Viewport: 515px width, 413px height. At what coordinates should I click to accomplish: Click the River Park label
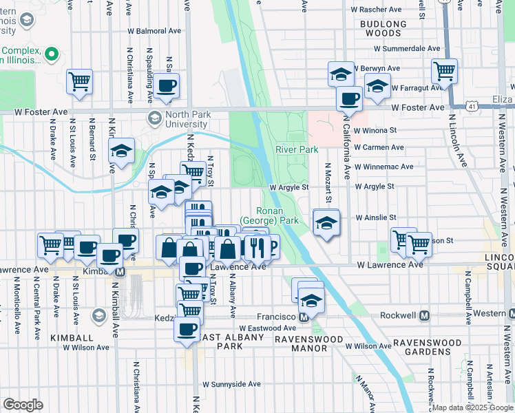297,149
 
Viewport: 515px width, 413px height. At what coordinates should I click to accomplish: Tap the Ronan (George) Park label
269,215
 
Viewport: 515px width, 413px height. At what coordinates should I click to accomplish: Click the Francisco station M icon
304,317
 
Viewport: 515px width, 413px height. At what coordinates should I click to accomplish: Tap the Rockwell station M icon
424,315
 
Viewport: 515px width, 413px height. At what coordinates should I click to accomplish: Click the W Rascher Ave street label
376,10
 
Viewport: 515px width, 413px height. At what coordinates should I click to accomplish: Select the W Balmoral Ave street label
154,31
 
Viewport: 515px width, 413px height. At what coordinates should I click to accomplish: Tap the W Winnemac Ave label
384,167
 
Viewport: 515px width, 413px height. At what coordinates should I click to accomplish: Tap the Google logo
23,405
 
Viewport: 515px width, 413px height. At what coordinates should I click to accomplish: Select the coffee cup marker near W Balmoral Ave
166,86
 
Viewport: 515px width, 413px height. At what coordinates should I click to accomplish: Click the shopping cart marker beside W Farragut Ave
445,70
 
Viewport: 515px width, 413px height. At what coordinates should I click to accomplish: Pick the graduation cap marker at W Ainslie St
326,222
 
